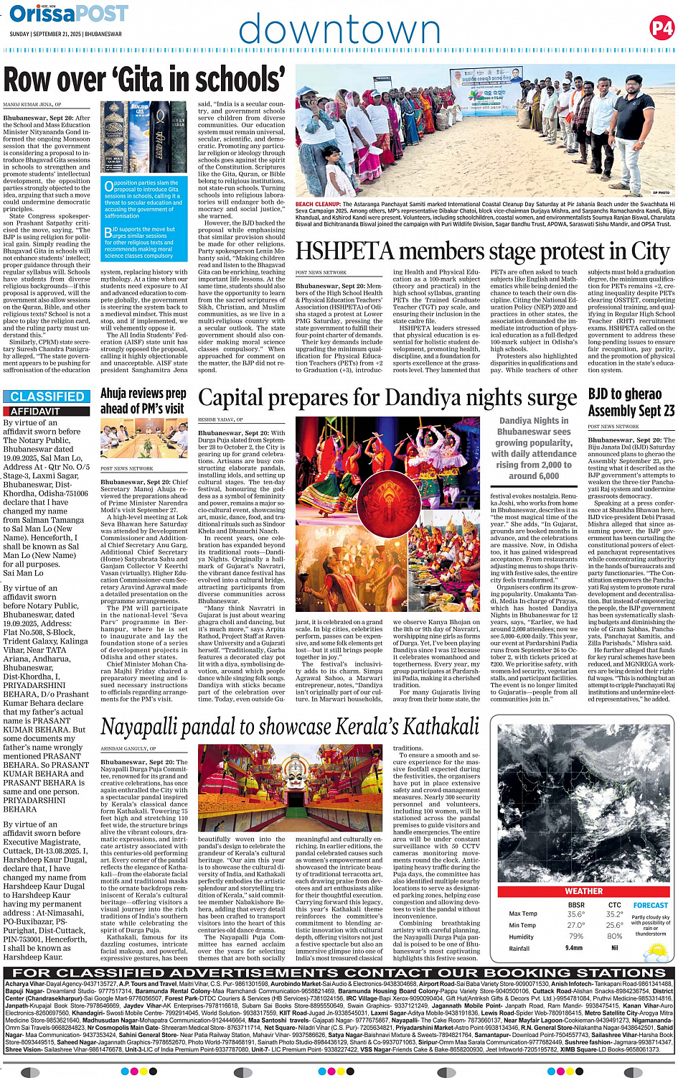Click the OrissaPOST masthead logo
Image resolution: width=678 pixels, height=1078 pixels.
[69, 14]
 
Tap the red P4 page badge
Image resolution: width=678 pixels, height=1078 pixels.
[661, 29]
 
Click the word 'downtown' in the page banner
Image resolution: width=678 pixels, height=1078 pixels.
[339, 29]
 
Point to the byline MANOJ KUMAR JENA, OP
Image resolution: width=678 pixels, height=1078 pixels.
[32, 105]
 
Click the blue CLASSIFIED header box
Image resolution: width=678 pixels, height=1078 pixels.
[47, 396]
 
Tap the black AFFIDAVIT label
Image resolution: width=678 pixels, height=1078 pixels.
[35, 412]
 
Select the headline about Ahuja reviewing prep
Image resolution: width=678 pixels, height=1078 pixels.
[143, 401]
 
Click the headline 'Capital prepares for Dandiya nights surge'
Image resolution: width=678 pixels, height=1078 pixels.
[387, 398]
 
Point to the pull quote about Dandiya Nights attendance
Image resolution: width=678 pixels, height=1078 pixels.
[534, 448]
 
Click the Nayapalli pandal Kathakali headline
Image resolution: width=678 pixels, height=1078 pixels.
[290, 727]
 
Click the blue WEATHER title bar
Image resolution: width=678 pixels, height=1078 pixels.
[584, 891]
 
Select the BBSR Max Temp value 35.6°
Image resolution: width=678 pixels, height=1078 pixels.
[575, 914]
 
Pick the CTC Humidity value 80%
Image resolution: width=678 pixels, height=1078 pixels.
[614, 937]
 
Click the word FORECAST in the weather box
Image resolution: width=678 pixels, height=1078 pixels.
[650, 906]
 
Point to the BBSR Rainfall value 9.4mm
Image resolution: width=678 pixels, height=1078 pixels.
[574, 948]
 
